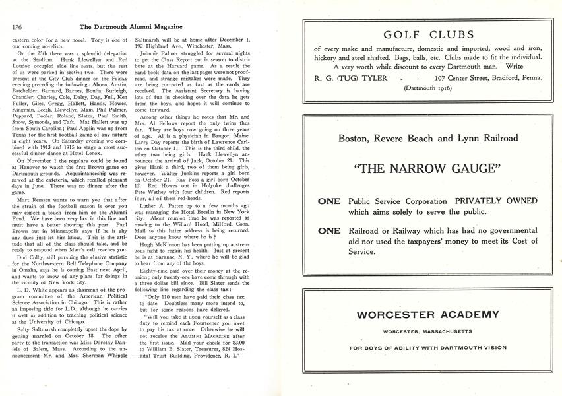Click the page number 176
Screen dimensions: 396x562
[x=18, y=28]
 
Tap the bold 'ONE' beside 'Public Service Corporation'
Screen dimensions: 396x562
[x=329, y=201]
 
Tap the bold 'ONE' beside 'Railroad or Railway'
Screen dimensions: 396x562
[x=329, y=231]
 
